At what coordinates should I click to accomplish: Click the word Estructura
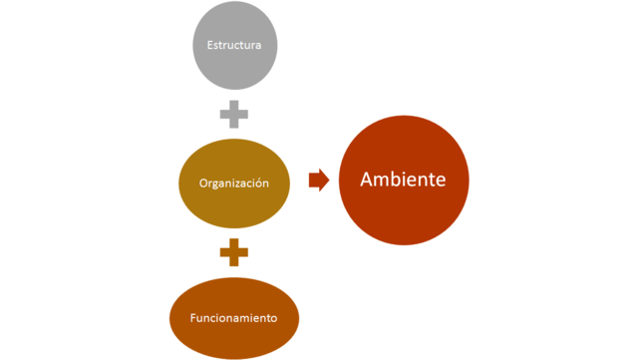234,45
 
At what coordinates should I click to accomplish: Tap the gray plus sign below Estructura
234,114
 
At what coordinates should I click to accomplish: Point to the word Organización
234,183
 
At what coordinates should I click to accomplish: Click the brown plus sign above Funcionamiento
234,252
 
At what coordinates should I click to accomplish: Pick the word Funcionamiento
234,319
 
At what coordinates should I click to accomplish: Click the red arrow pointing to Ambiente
318,180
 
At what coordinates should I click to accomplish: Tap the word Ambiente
402,180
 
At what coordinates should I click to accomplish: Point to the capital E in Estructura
209,45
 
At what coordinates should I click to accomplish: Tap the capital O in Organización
203,183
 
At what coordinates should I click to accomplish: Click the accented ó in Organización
259,183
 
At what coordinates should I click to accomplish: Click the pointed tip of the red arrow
328,180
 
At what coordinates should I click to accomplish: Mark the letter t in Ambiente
433,180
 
